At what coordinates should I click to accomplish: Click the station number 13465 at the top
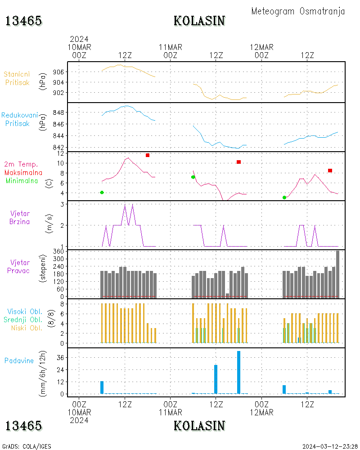click(x=24, y=21)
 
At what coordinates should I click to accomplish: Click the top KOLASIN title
click(x=199, y=21)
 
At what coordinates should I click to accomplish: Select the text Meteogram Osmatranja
click(x=298, y=11)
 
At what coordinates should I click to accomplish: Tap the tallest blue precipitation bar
click(x=238, y=372)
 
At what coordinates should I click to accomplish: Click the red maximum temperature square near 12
click(x=148, y=155)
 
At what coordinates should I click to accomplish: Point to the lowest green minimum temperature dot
click(x=284, y=198)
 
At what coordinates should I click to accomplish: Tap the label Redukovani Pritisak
click(x=19, y=119)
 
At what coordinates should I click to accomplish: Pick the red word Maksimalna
click(x=23, y=172)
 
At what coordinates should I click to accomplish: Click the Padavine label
click(x=19, y=360)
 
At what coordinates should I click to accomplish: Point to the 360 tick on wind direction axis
click(x=59, y=251)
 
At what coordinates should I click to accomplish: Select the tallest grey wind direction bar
click(x=337, y=274)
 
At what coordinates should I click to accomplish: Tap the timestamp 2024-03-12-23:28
click(x=330, y=446)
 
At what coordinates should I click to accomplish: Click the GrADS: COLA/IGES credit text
click(x=27, y=446)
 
